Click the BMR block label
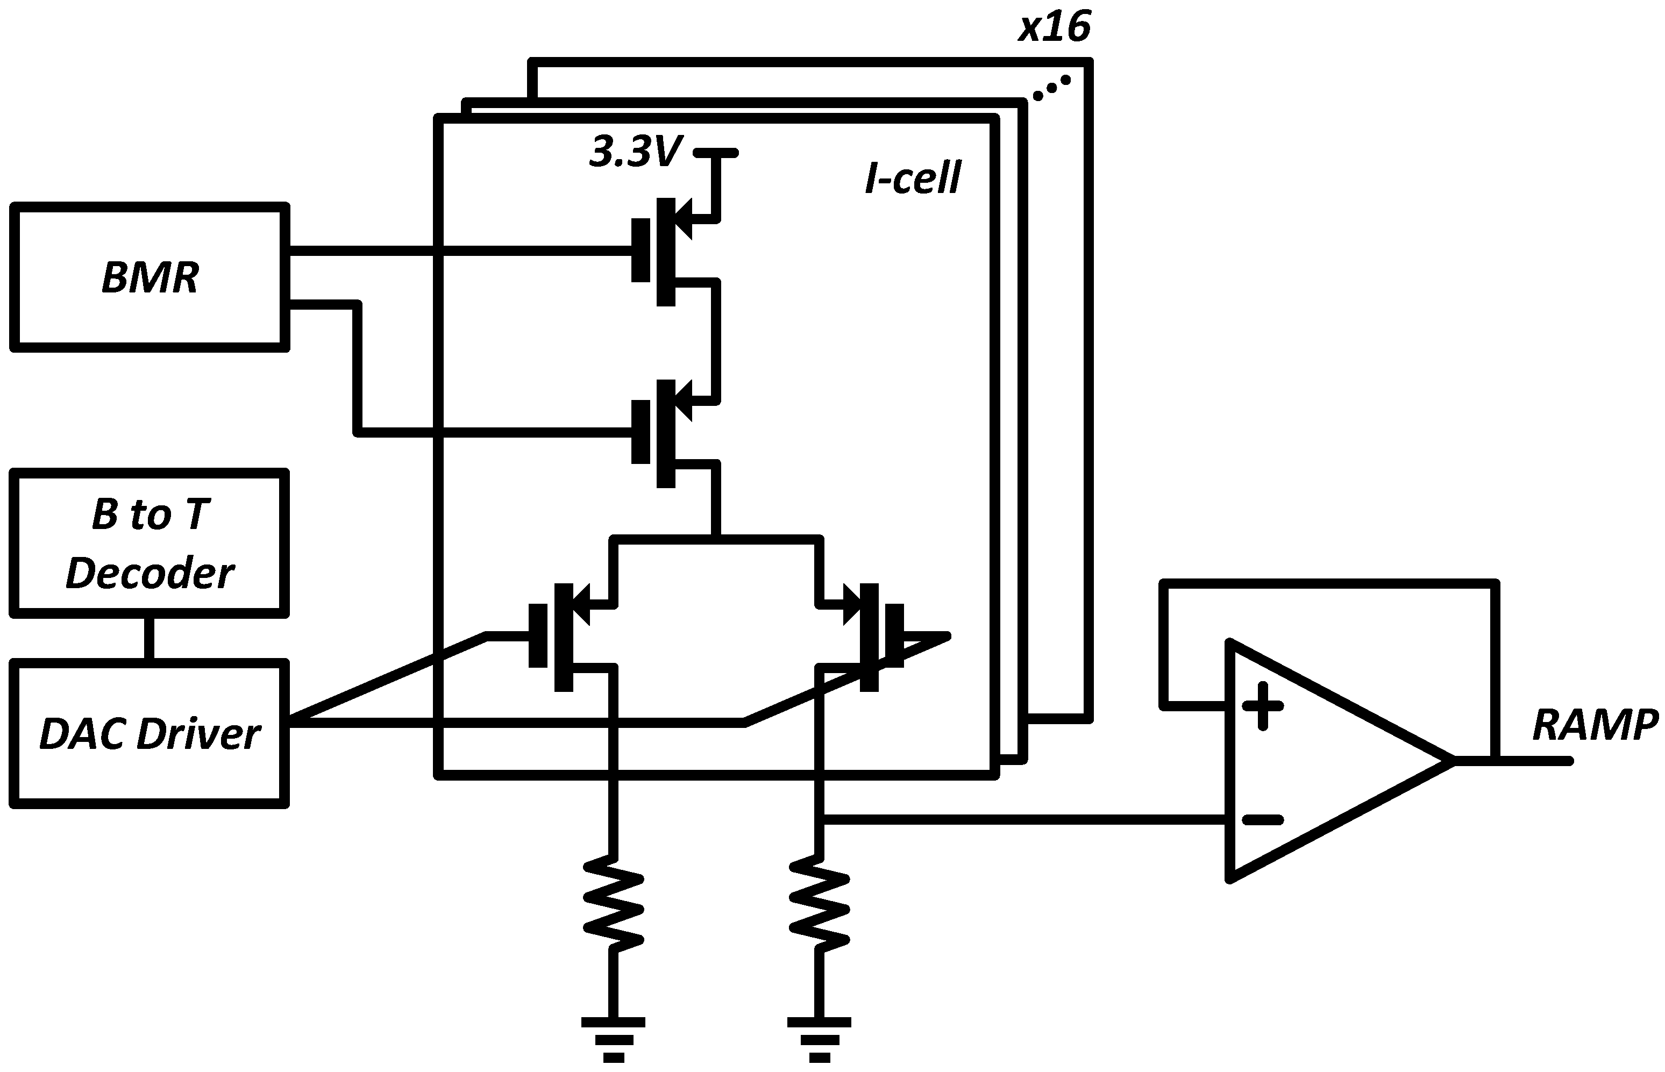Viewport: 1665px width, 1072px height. [x=150, y=277]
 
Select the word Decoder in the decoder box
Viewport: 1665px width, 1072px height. [x=150, y=574]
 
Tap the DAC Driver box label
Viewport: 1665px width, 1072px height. [x=150, y=734]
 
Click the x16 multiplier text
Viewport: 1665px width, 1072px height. [x=1054, y=28]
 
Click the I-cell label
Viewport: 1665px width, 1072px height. [x=912, y=178]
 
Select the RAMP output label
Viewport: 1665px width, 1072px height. [x=1595, y=725]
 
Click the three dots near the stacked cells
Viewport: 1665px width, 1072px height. [x=1051, y=88]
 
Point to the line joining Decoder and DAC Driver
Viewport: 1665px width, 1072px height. [x=149, y=638]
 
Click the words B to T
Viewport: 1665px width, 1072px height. [x=150, y=515]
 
